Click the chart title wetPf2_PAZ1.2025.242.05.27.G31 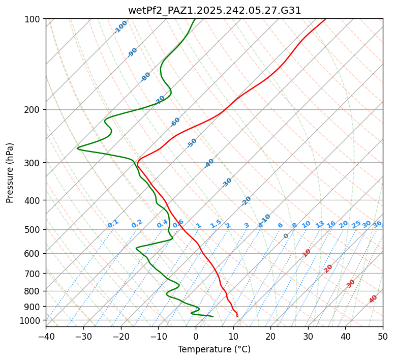215,10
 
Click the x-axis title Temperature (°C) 214,349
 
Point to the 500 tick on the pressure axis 34,230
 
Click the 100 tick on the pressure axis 34,19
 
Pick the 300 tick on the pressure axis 34,163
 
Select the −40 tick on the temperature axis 46,336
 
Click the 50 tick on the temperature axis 383,336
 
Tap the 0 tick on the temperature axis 196,336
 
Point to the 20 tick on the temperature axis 270,336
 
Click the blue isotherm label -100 120,26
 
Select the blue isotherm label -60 175,122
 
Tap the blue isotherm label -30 227,183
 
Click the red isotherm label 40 373,299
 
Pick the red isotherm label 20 328,268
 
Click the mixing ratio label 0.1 113,224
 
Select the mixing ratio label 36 377,224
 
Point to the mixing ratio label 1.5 216,224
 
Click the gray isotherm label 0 286,236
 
